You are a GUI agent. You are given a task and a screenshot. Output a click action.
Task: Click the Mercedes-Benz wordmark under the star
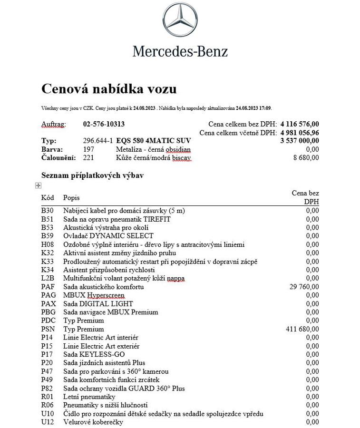(180, 51)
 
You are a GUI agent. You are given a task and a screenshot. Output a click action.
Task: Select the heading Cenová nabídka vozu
(109, 88)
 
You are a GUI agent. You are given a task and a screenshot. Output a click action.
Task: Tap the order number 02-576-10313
(104, 124)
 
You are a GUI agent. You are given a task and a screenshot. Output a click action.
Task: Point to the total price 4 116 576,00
(300, 124)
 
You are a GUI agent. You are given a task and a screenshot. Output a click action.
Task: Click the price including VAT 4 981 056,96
(300, 132)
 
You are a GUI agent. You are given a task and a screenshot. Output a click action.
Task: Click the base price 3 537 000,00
(300, 141)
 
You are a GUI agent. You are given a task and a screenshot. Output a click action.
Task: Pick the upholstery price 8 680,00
(306, 157)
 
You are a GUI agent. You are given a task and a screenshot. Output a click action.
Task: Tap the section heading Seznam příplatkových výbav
(93, 175)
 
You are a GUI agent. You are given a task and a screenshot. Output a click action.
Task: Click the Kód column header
(48, 197)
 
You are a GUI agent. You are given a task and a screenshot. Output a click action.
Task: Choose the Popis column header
(71, 197)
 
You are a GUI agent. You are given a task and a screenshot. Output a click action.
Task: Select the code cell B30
(47, 211)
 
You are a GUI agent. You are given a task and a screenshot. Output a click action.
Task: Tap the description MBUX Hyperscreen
(94, 295)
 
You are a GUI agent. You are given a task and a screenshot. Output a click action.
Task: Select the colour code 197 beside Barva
(88, 149)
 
